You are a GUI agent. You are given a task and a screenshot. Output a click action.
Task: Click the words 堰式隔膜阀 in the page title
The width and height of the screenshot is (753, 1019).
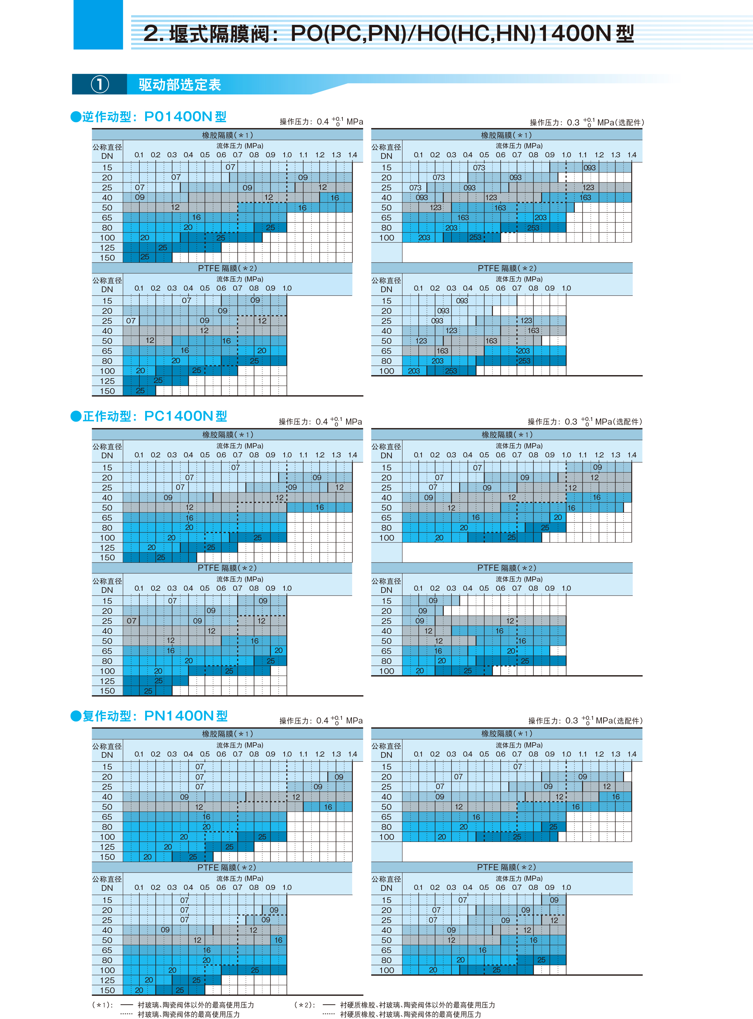[x=219, y=34]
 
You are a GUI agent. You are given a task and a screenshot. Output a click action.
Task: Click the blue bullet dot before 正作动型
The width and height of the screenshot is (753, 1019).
[x=76, y=416]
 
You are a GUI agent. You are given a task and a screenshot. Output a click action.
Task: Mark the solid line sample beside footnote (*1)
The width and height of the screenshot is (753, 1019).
[x=126, y=1005]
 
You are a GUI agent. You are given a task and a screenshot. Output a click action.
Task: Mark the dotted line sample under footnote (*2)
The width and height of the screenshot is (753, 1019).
[x=329, y=1014]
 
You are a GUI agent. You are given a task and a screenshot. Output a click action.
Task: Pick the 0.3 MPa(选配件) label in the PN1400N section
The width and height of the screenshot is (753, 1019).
[x=585, y=721]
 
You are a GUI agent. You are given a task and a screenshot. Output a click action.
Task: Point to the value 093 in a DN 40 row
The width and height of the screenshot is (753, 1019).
[x=422, y=198]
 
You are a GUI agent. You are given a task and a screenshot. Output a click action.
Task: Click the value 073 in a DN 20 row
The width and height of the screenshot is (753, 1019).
[x=438, y=178]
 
